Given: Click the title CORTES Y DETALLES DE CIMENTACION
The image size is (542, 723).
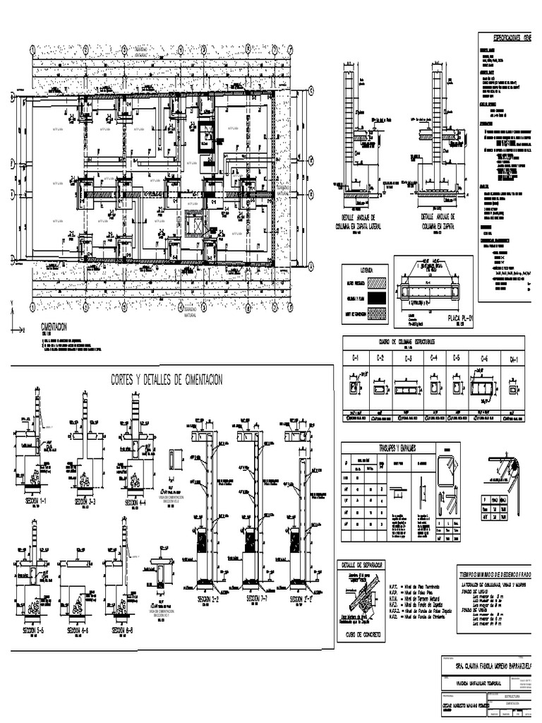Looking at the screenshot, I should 167,381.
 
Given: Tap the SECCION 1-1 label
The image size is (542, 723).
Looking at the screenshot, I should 33,501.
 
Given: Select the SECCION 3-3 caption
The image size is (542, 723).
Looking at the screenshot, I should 85,501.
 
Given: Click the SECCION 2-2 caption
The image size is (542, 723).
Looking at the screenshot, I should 205,599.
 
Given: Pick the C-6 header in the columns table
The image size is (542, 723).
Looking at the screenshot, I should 484,359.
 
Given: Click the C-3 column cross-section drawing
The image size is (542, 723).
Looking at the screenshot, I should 409,388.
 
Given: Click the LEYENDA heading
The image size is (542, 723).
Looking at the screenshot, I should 365,270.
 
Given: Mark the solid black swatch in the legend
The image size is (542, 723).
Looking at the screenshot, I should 376,299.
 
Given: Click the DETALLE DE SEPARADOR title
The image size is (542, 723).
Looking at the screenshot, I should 362,566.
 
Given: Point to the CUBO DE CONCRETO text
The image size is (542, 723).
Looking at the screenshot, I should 362,634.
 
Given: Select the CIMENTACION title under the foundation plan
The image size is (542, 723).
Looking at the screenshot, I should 54,327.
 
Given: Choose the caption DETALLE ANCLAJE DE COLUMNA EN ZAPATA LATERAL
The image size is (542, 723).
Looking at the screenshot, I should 363,222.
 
